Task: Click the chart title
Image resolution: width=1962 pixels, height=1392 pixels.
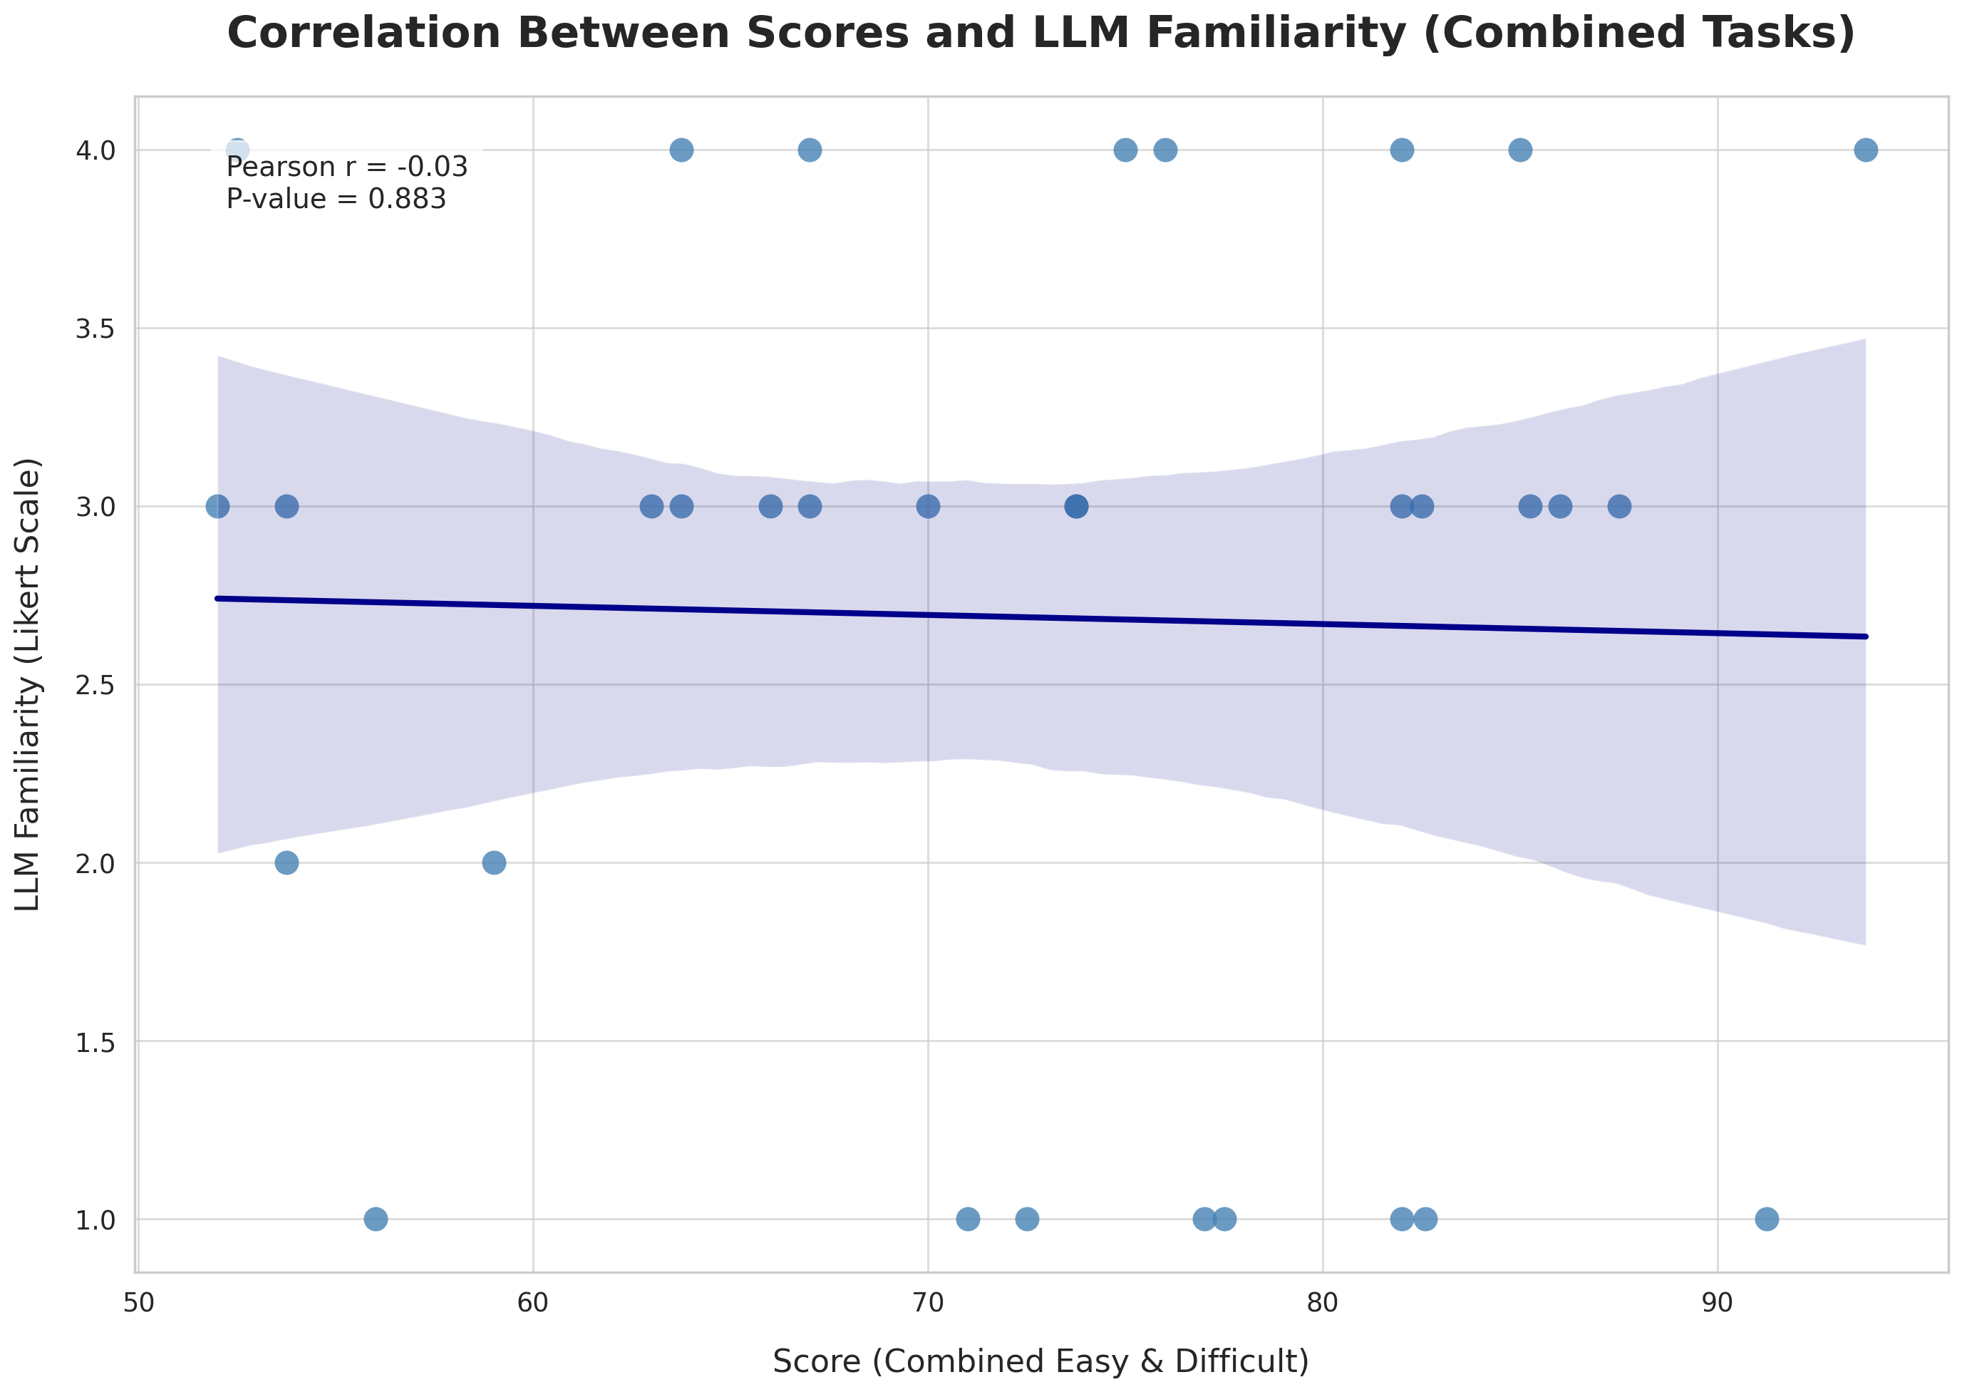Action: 1041,34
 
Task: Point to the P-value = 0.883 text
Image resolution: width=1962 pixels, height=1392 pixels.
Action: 336,199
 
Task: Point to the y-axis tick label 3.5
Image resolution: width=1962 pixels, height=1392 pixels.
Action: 95,329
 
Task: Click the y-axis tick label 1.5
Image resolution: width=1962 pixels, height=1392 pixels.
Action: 95,1042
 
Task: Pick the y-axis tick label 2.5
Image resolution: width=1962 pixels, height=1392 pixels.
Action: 95,686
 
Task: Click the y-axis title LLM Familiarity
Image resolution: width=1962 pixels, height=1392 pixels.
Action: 29,684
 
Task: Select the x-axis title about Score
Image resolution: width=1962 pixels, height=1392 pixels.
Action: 1041,1361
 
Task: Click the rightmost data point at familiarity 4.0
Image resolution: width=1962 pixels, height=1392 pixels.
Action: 1865,150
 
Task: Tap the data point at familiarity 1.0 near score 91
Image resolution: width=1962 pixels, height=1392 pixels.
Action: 1767,1219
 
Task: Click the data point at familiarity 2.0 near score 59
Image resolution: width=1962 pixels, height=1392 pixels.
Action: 494,862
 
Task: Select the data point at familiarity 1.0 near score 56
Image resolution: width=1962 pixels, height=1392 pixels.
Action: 376,1219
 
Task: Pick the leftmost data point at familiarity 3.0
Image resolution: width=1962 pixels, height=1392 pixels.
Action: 217,507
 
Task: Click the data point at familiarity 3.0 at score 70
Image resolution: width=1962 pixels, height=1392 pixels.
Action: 927,507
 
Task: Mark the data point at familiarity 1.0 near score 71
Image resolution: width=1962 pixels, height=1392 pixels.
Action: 967,1219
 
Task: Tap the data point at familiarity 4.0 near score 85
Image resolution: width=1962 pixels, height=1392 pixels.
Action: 1519,150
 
